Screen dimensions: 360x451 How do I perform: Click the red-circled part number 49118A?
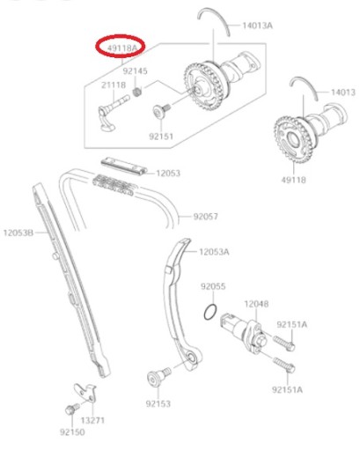[x=121, y=47]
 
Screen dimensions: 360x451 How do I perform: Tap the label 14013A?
[x=257, y=26]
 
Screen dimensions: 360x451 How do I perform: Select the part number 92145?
[x=135, y=71]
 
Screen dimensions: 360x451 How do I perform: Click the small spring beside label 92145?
[x=136, y=92]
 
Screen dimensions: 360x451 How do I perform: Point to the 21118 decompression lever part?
[x=112, y=113]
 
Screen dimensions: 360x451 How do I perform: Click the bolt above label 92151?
[x=162, y=111]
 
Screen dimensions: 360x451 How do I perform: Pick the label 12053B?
[x=18, y=233]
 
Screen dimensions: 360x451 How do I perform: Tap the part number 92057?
[x=206, y=217]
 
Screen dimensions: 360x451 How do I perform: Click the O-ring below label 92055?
[x=210, y=312]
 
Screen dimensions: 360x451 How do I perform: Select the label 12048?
[x=256, y=304]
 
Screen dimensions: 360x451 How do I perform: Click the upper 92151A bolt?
[x=283, y=343]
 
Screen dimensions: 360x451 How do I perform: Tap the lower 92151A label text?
[x=287, y=389]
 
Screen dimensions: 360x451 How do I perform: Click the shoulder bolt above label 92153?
[x=158, y=376]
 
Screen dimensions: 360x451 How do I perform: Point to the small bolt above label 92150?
[x=72, y=409]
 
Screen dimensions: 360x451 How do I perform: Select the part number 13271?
[x=92, y=420]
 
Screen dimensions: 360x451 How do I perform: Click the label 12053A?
[x=214, y=252]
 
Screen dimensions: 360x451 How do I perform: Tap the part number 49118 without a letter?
[x=293, y=180]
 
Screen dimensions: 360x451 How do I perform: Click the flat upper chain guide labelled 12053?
[x=124, y=166]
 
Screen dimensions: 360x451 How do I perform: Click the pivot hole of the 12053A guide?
[x=192, y=358]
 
